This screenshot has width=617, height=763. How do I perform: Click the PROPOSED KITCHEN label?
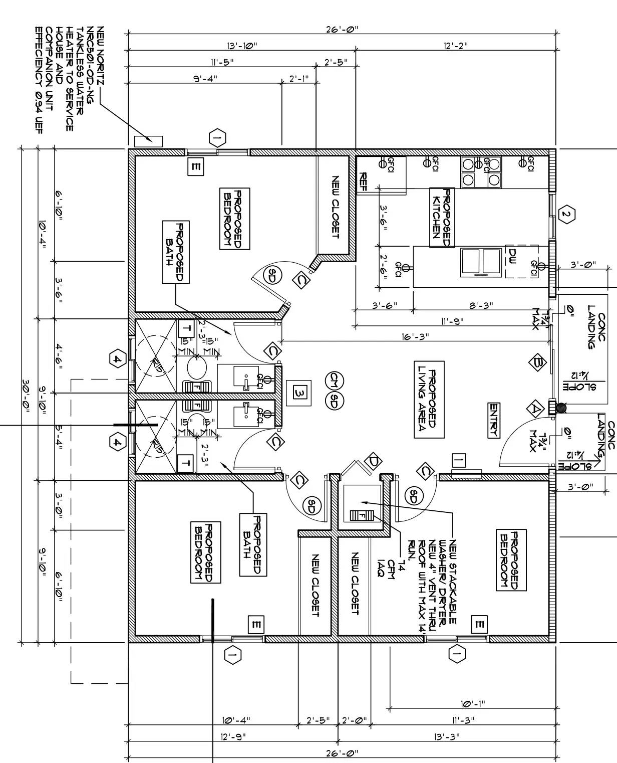pyautogui.click(x=441, y=218)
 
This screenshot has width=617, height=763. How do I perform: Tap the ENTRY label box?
pyautogui.click(x=494, y=420)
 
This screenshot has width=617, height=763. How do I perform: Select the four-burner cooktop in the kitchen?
pyautogui.click(x=481, y=171)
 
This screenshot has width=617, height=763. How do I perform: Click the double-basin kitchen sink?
pyautogui.click(x=481, y=262)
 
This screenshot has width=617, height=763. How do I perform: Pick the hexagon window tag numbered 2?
pyautogui.click(x=566, y=215)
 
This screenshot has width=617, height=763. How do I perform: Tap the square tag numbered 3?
pyautogui.click(x=299, y=394)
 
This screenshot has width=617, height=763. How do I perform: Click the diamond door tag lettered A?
pyautogui.click(x=535, y=409)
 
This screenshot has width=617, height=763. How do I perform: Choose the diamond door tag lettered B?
pyautogui.click(x=538, y=362)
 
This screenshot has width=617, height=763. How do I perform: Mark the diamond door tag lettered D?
pyautogui.click(x=373, y=461)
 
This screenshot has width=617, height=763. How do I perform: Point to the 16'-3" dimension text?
pyautogui.click(x=415, y=337)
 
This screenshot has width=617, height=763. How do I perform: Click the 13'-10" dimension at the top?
pyautogui.click(x=242, y=46)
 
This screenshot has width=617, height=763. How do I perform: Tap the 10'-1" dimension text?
pyautogui.click(x=472, y=704)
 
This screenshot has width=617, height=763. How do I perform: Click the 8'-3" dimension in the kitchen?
pyautogui.click(x=480, y=305)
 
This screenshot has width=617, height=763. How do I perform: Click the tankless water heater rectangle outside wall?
pyautogui.click(x=148, y=141)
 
